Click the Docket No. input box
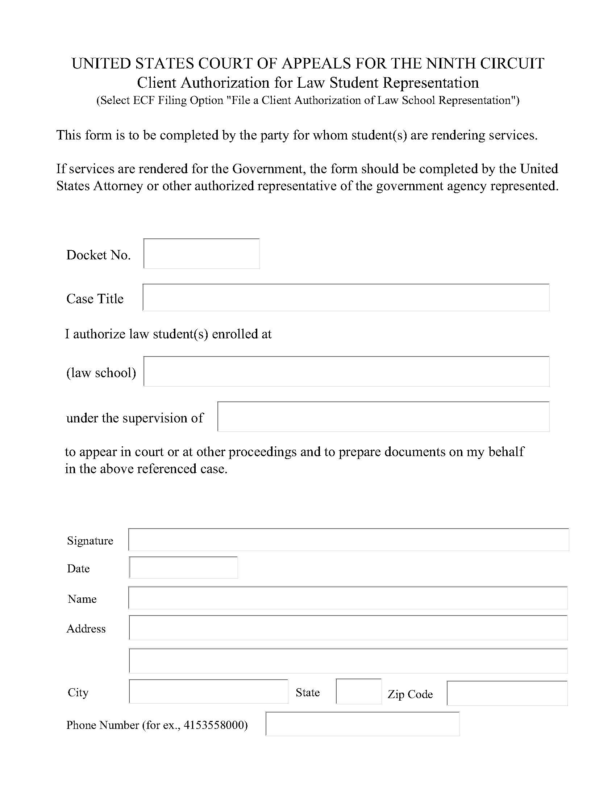pyautogui.click(x=201, y=254)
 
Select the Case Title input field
pyautogui.click(x=346, y=298)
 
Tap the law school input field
pyautogui.click(x=346, y=371)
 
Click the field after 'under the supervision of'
pyautogui.click(x=383, y=417)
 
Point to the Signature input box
pyautogui.click(x=349, y=540)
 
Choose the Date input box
pyautogui.click(x=183, y=567)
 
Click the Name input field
pyautogui.click(x=348, y=598)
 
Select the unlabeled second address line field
pyautogui.click(x=348, y=661)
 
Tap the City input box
pyautogui.click(x=208, y=692)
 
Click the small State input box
pyautogui.click(x=358, y=692)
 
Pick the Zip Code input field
pyautogui.click(x=507, y=693)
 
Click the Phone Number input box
pyautogui.click(x=362, y=724)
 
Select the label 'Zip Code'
pyautogui.click(x=410, y=694)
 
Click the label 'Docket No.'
pyautogui.click(x=98, y=255)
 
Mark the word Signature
pyautogui.click(x=90, y=541)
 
